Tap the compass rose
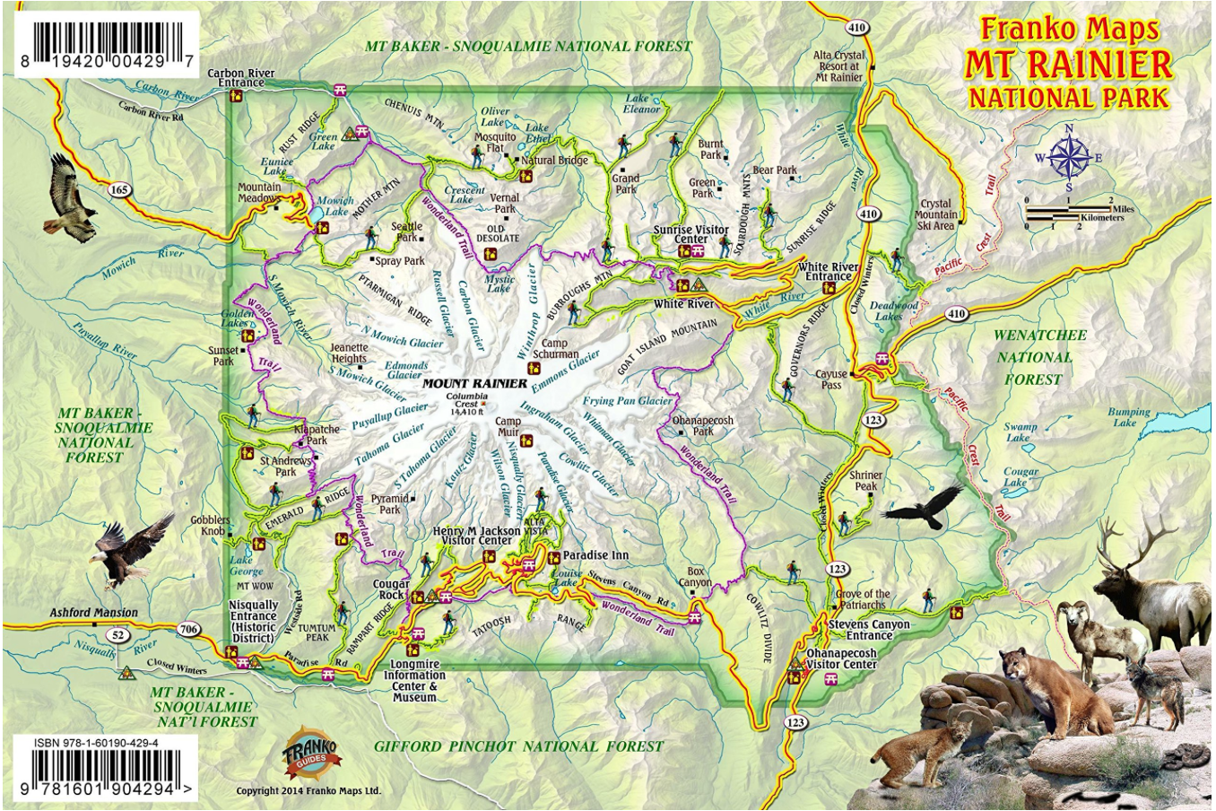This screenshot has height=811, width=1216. coord(1068,159)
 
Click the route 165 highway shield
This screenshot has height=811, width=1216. coord(119,189)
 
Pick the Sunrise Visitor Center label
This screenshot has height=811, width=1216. coord(691,234)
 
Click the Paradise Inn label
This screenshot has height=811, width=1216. coord(595,555)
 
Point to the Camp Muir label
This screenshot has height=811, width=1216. coord(508,426)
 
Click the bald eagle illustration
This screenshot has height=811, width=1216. coord(128,549)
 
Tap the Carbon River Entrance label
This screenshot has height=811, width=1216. coord(236,77)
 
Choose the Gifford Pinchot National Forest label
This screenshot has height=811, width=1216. coord(518,746)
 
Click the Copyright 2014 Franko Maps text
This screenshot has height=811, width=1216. coord(308,791)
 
